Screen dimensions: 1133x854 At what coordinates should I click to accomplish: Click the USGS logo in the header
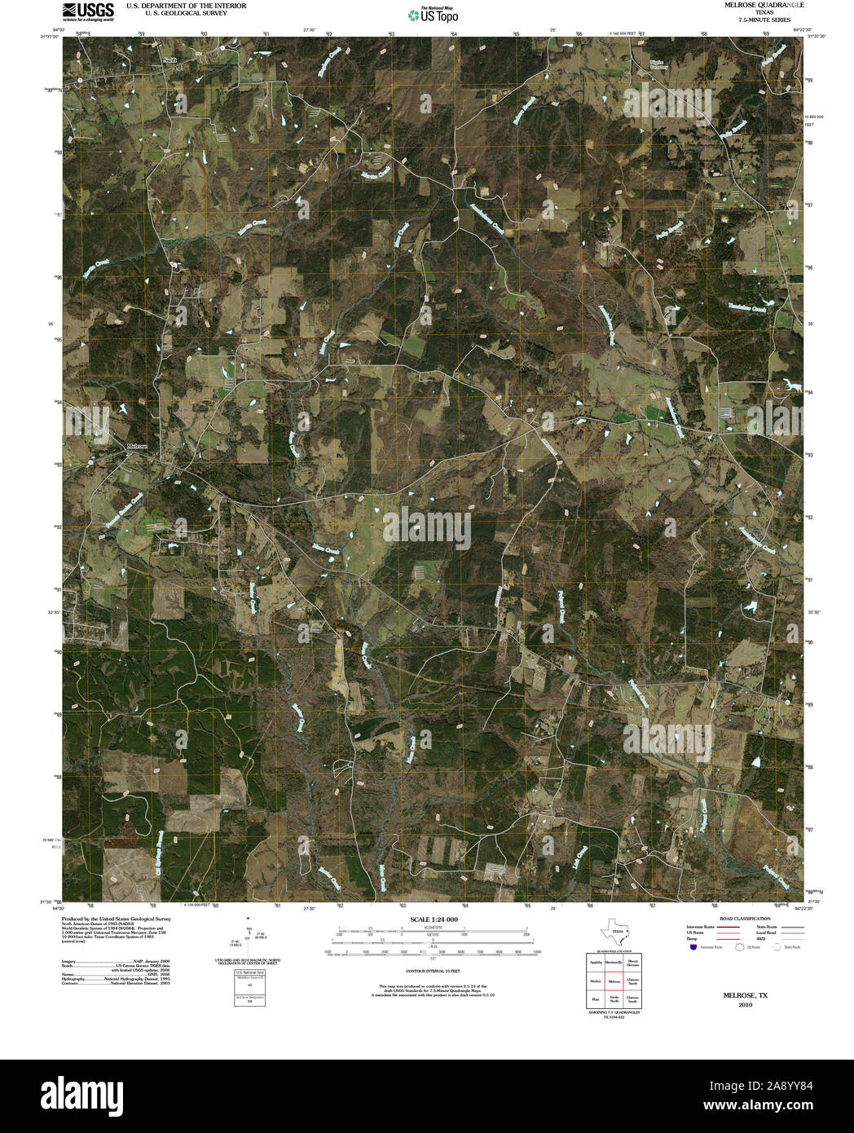(88, 11)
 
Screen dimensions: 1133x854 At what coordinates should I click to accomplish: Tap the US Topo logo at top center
(433, 14)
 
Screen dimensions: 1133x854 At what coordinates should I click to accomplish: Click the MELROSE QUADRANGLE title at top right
(746, 5)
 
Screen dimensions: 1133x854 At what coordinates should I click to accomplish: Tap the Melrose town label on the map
(138, 447)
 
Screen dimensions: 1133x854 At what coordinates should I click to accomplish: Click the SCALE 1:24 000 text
(434, 919)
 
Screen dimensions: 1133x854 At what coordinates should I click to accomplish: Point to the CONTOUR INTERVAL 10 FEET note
(434, 972)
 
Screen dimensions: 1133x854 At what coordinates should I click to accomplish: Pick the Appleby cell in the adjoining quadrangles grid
(595, 963)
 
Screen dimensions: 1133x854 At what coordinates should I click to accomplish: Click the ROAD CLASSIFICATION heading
(740, 919)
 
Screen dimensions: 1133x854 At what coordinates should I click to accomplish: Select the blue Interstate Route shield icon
(692, 947)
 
